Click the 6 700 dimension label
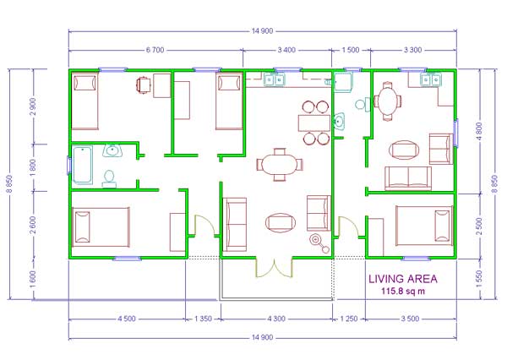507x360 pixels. (155, 50)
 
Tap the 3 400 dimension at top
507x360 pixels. (286, 50)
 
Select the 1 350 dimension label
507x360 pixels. (203, 319)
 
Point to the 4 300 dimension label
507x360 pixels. (276, 319)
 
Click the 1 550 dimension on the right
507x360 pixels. (479, 279)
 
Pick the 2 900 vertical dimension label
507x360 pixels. (32, 106)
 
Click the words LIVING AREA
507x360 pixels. (403, 279)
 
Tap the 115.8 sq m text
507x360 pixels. (403, 291)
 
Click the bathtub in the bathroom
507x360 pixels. (83, 165)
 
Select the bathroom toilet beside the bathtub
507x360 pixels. (109, 179)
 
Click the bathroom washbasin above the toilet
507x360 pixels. (112, 150)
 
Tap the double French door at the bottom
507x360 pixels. (274, 268)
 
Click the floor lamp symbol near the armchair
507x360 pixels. (319, 243)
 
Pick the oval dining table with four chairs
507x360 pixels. (280, 165)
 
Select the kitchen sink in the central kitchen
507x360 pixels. (275, 79)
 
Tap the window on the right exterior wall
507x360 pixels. (456, 133)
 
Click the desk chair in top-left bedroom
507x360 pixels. (144, 85)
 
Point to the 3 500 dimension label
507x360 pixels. (410, 319)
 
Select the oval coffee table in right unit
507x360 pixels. (404, 150)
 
